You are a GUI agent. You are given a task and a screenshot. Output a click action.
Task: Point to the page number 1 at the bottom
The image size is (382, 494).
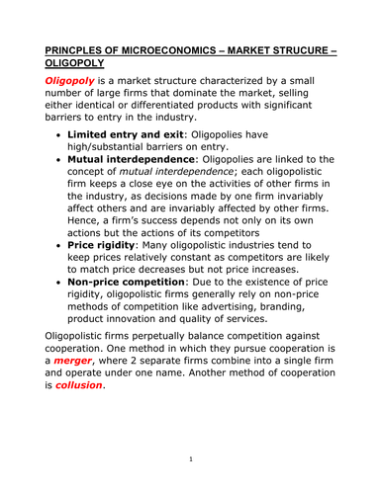[x=190, y=459]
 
